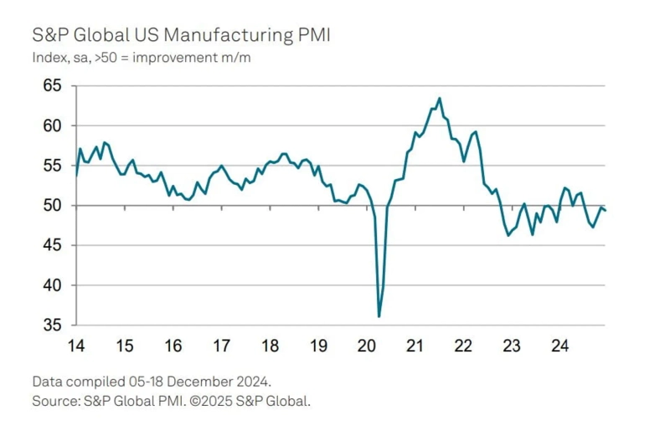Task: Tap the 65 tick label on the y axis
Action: (54, 85)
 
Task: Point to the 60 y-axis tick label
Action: (54, 126)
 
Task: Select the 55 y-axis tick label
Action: (54, 166)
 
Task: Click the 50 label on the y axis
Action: (54, 206)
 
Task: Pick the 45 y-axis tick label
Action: (54, 245)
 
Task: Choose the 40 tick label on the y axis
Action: (54, 285)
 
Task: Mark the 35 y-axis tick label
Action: (54, 325)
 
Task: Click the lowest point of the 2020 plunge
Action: (379, 316)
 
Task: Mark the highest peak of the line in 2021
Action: (440, 98)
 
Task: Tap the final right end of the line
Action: (606, 210)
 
